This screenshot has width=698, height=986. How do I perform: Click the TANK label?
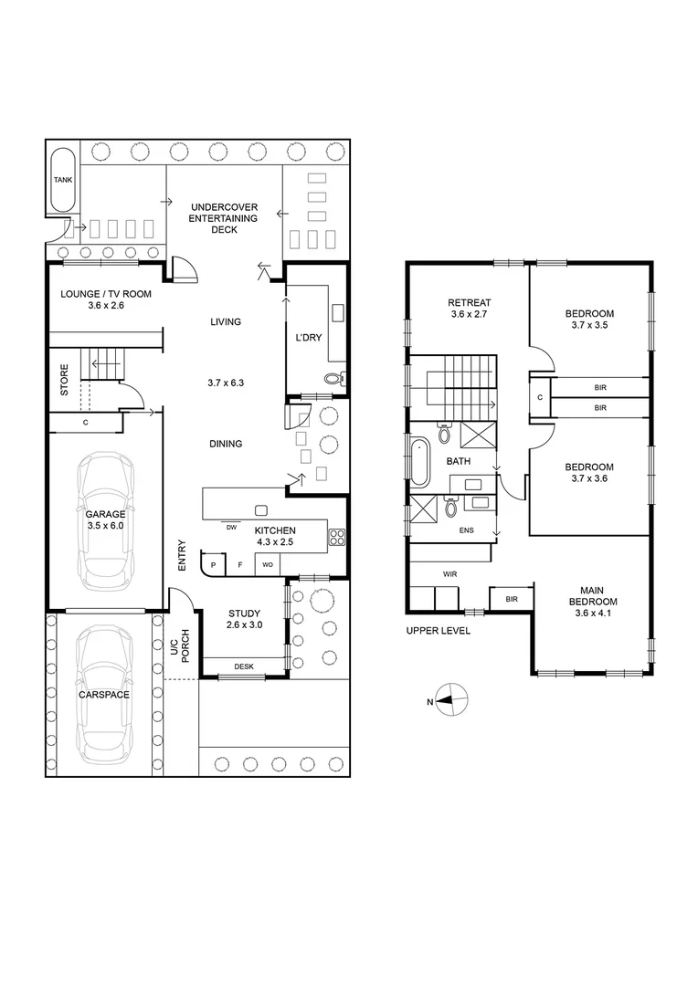(62, 181)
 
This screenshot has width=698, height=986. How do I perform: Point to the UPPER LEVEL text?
(439, 631)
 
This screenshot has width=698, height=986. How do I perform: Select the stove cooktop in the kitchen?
(336, 537)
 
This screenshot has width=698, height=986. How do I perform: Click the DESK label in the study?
(244, 666)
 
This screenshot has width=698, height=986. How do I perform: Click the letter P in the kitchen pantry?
(213, 566)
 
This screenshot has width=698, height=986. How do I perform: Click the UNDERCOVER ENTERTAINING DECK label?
(224, 218)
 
